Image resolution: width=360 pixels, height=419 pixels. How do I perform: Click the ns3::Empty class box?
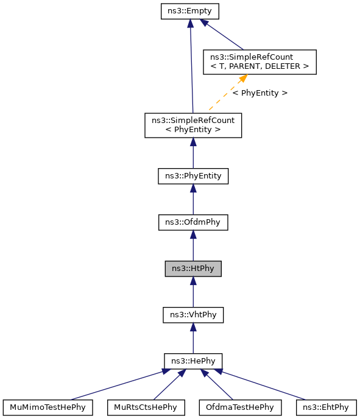coord(190,12)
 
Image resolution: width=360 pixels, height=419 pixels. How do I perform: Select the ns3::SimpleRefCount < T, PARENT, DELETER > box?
coord(259,62)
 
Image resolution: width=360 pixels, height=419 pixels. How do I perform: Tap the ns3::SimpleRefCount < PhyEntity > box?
coord(193,125)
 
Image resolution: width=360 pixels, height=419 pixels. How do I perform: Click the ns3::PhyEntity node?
coord(193,177)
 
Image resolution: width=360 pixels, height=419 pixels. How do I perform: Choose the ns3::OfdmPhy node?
coord(193,223)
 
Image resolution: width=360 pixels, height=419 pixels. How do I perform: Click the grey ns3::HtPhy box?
coord(193,269)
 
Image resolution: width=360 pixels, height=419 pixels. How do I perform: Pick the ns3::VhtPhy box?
coord(193,315)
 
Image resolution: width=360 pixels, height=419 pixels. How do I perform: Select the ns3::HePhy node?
coord(193,361)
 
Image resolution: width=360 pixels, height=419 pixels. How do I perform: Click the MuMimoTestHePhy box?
coord(48,407)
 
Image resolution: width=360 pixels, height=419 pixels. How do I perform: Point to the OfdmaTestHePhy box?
coord(240,407)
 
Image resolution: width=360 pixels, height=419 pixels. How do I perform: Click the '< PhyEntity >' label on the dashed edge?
coord(260,93)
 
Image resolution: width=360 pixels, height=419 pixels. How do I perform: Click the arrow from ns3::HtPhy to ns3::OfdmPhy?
coord(193,247)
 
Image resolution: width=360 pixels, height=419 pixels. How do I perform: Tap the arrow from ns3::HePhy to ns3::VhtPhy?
coord(193,339)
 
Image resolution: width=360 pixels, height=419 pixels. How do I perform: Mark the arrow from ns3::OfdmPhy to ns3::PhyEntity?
coord(193,200)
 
